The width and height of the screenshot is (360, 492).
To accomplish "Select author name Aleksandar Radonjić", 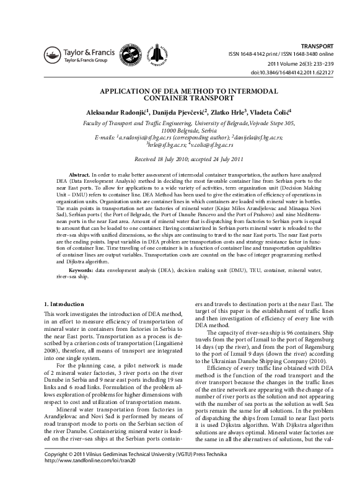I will click(116, 112).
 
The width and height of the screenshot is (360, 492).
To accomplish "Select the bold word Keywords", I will click(81, 270).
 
